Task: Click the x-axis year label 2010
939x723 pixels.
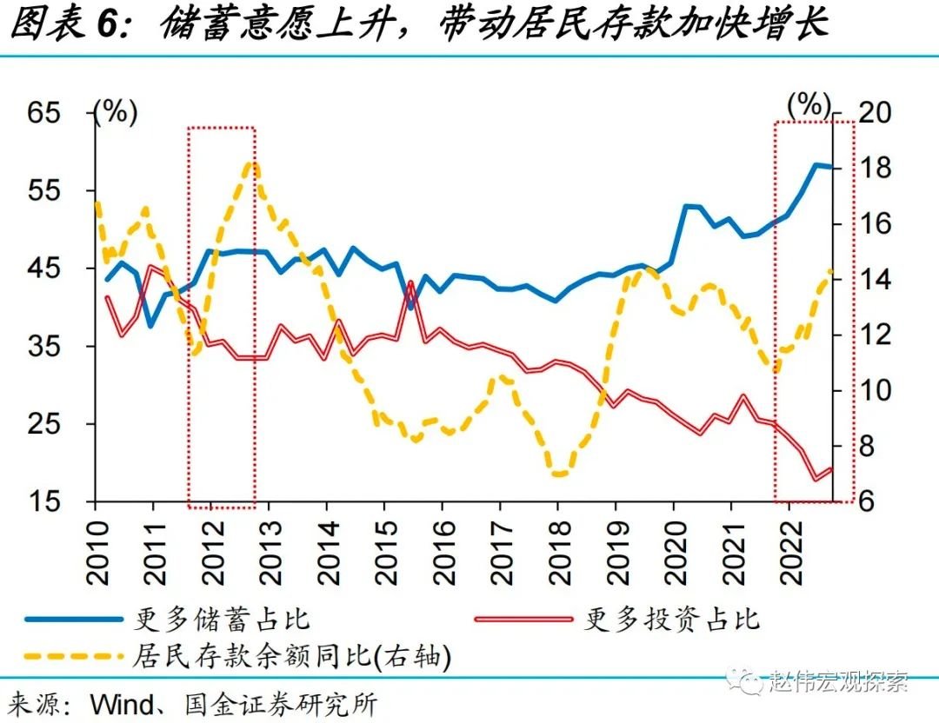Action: (97, 551)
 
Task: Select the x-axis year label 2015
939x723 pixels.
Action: (386, 551)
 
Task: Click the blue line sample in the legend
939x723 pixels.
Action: (73, 619)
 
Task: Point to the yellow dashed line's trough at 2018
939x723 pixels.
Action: (559, 474)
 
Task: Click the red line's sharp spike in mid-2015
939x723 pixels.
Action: (410, 283)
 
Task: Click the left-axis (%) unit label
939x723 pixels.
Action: (116, 113)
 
